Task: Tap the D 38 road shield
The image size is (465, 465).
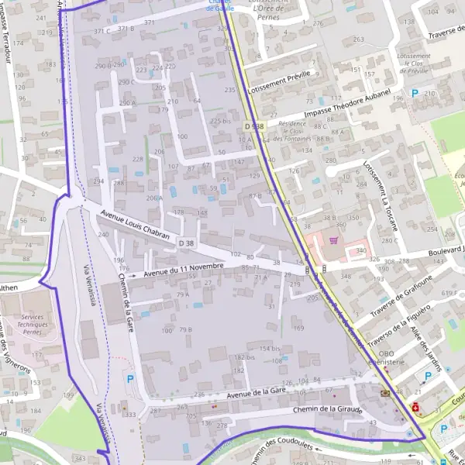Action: click(186, 243)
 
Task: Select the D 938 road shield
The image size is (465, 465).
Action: click(253, 126)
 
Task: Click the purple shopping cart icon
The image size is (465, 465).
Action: click(334, 241)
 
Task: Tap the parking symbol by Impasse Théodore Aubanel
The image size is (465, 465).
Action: click(415, 93)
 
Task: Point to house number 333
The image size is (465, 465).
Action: click(130, 415)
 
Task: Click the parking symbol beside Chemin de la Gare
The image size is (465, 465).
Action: click(130, 379)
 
